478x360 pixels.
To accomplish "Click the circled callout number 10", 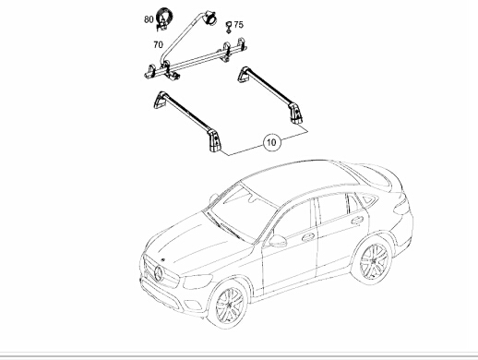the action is (272, 142).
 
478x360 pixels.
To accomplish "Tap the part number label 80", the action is (149, 19).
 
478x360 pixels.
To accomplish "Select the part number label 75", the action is (238, 25).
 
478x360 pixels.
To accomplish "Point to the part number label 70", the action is (158, 45).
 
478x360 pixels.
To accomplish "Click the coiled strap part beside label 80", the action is (163, 19).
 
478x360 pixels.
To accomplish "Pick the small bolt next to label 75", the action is (229, 27).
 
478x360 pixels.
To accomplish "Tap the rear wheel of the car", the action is (373, 260).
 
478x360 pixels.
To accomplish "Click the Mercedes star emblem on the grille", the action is (159, 273).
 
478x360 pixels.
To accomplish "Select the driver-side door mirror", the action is (278, 241).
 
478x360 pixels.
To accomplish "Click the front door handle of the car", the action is (308, 237).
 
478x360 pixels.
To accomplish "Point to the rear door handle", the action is (357, 220).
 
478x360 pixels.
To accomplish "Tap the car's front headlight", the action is (197, 282).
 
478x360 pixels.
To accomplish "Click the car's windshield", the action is (243, 212).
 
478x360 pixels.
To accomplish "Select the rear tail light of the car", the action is (402, 205).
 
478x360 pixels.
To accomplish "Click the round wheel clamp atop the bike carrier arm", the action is (210, 18).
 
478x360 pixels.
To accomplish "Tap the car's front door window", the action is (293, 219).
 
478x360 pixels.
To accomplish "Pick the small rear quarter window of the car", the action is (368, 199).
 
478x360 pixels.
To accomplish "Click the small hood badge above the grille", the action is (162, 259).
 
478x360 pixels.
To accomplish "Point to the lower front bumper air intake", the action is (160, 294).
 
